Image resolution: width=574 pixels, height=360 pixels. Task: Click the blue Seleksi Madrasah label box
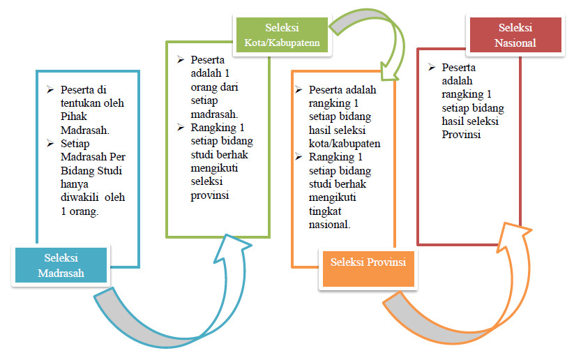point(61,264)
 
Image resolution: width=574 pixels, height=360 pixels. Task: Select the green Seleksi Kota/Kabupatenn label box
point(282,36)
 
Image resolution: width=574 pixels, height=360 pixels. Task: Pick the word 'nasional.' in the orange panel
point(329,225)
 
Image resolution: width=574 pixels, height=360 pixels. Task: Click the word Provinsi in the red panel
point(462,134)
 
